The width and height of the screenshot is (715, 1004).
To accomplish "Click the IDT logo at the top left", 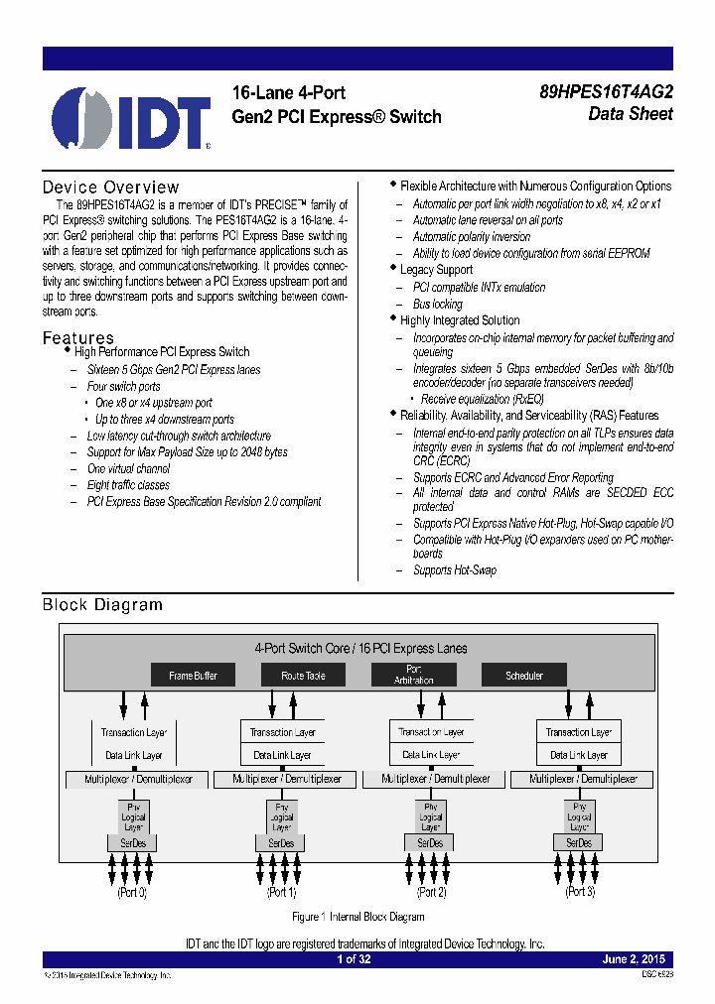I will click(x=131, y=118).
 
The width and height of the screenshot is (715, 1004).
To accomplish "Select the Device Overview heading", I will click(x=110, y=188).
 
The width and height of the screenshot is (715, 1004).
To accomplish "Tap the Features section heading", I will click(x=77, y=338).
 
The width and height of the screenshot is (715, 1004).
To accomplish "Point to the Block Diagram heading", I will click(x=102, y=604).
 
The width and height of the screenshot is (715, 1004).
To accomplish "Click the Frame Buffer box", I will click(x=193, y=676).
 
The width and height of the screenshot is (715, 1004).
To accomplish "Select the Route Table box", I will click(x=303, y=676).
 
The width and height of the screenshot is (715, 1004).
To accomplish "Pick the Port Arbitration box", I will click(x=413, y=676).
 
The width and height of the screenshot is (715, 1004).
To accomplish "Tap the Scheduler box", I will click(x=524, y=676).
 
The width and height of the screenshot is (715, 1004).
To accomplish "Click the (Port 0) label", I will click(x=132, y=892).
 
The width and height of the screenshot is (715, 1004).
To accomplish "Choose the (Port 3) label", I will click(x=579, y=892).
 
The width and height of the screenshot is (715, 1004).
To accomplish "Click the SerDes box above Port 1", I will click(x=281, y=843).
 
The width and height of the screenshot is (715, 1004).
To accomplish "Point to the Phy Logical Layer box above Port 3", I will click(x=579, y=817).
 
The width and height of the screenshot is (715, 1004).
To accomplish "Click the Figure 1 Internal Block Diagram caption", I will click(x=358, y=917).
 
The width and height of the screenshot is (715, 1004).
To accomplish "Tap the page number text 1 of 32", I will click(x=354, y=959).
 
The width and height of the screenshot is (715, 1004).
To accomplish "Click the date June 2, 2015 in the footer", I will click(x=634, y=959).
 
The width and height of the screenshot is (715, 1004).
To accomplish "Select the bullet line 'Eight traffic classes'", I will click(x=128, y=485).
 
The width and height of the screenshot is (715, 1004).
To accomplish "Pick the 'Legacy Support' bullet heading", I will click(x=436, y=270).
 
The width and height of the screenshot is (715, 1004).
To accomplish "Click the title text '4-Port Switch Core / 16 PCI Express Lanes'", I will click(x=360, y=648).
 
